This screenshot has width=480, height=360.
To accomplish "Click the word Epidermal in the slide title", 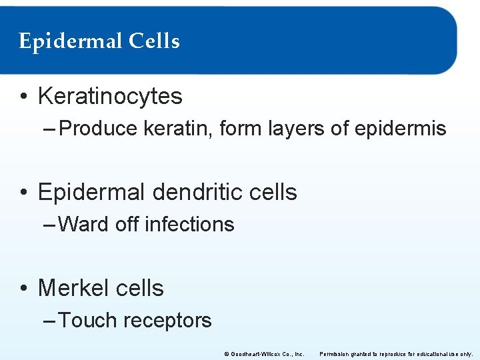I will coord(70,42).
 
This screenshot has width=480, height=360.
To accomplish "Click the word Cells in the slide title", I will coord(154,41).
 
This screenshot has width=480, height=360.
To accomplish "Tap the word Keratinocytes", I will coord(110,96).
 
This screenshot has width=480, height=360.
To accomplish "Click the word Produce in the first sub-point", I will coord(98,128).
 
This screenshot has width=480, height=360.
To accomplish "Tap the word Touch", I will coord(87,320).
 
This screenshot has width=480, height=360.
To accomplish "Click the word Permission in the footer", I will coord(336,354).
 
